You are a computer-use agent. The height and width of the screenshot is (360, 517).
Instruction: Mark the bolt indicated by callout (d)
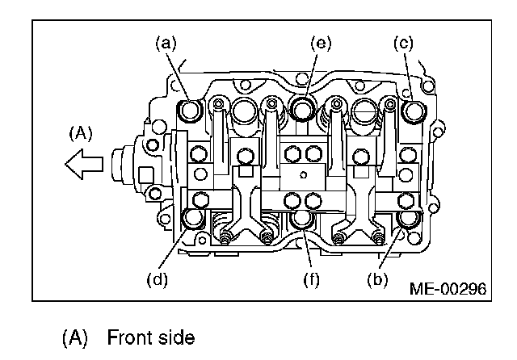195,217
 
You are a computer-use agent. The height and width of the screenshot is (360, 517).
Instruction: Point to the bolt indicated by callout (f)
303,219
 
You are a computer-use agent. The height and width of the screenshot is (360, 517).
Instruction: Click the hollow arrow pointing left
84,164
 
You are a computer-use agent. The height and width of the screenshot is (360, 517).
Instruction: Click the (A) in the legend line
75,337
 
